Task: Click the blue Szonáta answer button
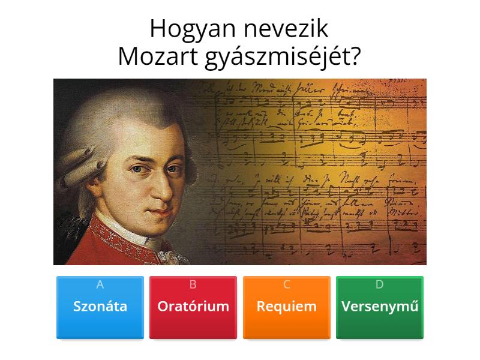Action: click(x=100, y=307)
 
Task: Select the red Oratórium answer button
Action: click(x=193, y=307)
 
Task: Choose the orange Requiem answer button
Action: click(x=287, y=307)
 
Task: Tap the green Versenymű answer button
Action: click(x=380, y=307)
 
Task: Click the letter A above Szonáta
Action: click(x=100, y=285)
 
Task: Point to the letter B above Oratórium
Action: click(x=193, y=285)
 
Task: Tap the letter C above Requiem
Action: click(x=287, y=285)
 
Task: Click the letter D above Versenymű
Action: click(x=380, y=285)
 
